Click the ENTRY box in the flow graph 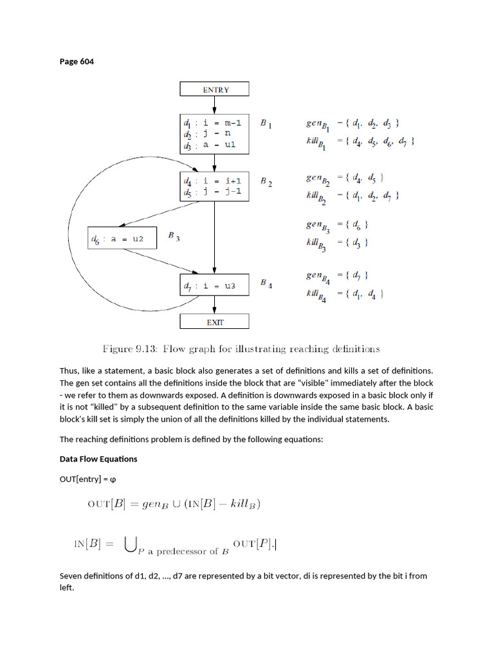(214, 89)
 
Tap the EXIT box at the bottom (214, 322)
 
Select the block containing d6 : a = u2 (122, 239)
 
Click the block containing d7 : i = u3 (214, 286)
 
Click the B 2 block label (266, 182)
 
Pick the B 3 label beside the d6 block (174, 236)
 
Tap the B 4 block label (266, 283)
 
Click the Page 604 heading (77, 62)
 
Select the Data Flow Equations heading (98, 459)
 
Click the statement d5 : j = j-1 (212, 191)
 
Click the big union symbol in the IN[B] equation (131, 545)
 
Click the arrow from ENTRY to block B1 (214, 106)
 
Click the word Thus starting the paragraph (69, 370)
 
